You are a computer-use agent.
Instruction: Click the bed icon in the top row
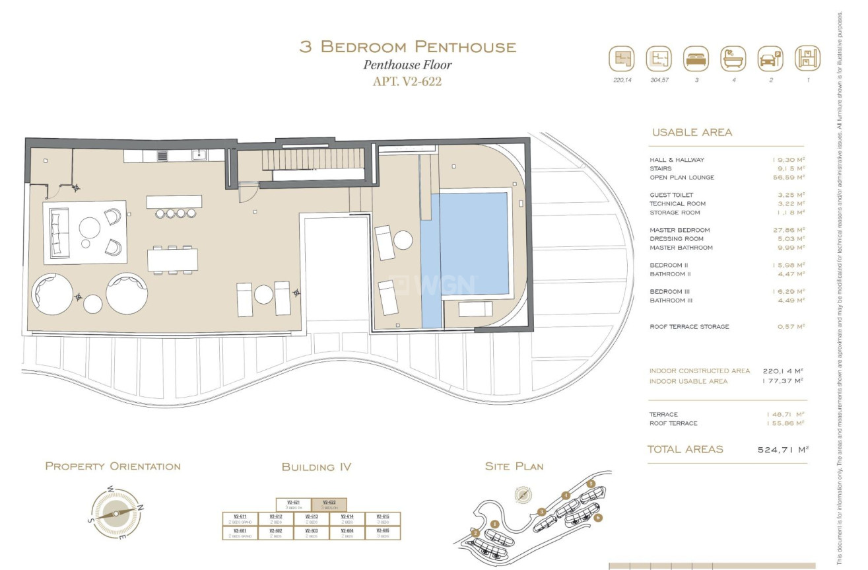[x=696, y=59]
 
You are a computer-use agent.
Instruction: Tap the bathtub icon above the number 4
[x=733, y=59]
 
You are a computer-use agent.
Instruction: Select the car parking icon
[x=770, y=59]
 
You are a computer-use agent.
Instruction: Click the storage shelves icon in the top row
[x=807, y=59]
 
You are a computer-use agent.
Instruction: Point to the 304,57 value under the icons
[x=658, y=80]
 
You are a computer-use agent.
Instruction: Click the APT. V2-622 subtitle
[x=407, y=82]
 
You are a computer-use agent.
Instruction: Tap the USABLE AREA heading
[x=692, y=132]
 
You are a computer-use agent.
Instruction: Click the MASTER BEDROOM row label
[x=679, y=230]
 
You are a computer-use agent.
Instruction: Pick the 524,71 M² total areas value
[x=783, y=450]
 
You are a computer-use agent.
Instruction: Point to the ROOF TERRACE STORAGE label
[x=689, y=327]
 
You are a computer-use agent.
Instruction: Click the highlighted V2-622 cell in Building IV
[x=329, y=505]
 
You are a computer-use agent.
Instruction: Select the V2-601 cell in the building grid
[x=240, y=533]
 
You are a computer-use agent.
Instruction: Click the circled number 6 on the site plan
[x=598, y=517]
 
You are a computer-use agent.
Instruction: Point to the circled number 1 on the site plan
[x=494, y=524]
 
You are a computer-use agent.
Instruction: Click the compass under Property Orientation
[x=116, y=513]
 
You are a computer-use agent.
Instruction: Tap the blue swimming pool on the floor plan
[x=474, y=244]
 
